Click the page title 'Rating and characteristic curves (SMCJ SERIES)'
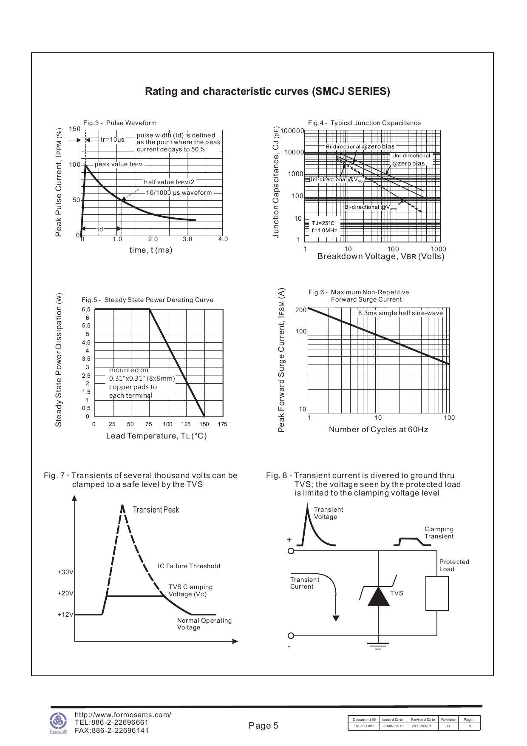(x=267, y=91)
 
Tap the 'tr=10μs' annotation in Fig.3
(x=112, y=140)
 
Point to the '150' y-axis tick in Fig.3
(x=74, y=129)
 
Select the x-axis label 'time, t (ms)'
(x=151, y=250)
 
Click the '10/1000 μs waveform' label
(x=178, y=193)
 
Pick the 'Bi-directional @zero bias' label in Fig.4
(x=360, y=146)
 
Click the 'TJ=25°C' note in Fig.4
(x=323, y=223)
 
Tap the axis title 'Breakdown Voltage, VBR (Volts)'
(x=381, y=256)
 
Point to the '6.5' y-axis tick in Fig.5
(x=86, y=310)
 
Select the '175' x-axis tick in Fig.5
(x=222, y=424)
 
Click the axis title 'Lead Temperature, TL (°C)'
(x=156, y=436)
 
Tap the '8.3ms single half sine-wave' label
(x=400, y=313)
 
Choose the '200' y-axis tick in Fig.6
(x=301, y=310)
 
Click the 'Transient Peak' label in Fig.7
(x=156, y=510)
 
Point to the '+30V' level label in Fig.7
(x=65, y=572)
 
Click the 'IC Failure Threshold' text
(x=189, y=566)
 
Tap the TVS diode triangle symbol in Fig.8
(x=378, y=596)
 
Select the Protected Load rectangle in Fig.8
(x=437, y=593)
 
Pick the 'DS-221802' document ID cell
(x=364, y=726)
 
